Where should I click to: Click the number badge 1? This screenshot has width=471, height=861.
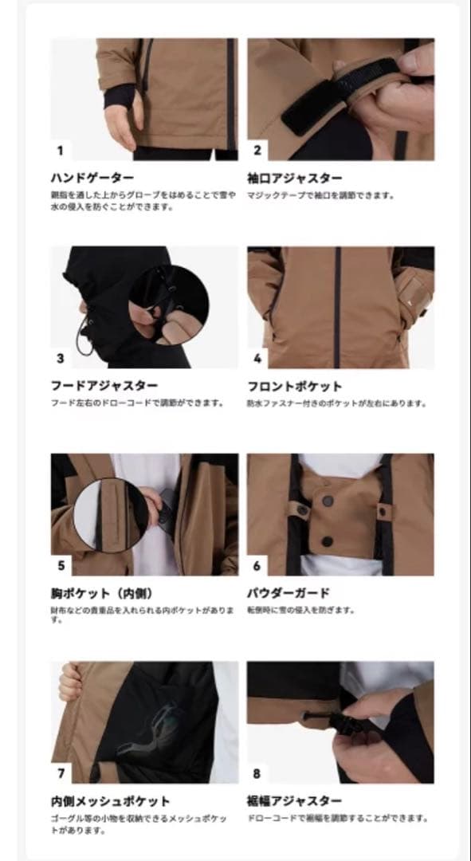pyautogui.click(x=60, y=150)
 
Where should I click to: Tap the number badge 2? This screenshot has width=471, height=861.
pyautogui.click(x=257, y=150)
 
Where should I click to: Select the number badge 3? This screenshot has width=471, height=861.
pyautogui.click(x=60, y=358)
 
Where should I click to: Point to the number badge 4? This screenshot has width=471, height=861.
pyautogui.click(x=257, y=358)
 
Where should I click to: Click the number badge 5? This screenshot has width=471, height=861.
pyautogui.click(x=61, y=566)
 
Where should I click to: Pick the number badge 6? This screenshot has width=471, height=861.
pyautogui.click(x=257, y=566)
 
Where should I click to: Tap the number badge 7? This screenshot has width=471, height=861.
pyautogui.click(x=61, y=773)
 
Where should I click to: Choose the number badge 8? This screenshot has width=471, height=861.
pyautogui.click(x=257, y=773)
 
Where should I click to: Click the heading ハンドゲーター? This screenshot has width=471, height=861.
pyautogui.click(x=92, y=178)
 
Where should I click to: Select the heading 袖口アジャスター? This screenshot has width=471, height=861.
pyautogui.click(x=295, y=178)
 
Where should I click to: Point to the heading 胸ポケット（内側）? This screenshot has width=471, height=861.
pyautogui.click(x=101, y=594)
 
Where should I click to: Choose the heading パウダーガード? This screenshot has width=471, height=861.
pyautogui.click(x=289, y=594)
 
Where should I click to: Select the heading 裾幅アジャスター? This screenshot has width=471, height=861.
pyautogui.click(x=295, y=801)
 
